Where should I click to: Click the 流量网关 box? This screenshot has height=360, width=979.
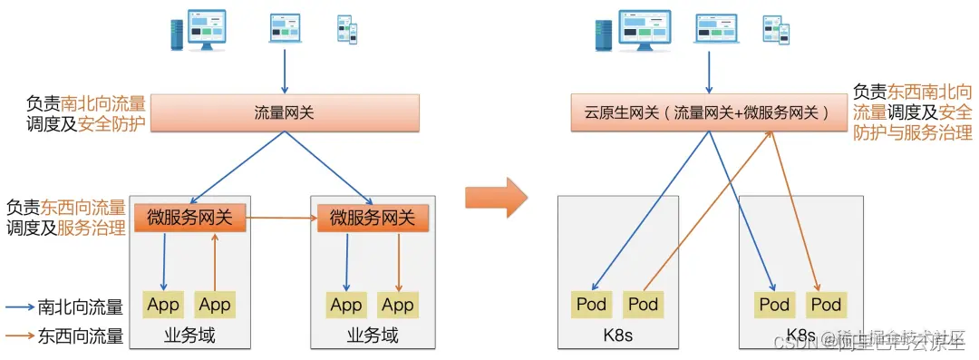285,113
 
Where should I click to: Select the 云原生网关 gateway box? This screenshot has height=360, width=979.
707,113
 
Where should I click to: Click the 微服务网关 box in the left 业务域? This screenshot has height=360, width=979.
190,218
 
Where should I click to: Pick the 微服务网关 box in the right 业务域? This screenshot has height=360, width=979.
373,218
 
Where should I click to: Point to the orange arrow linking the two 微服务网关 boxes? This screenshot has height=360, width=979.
282,219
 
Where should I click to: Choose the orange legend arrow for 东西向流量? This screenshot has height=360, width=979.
20,336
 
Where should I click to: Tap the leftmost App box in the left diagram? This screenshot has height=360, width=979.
163,305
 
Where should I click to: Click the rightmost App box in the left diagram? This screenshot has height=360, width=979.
398,305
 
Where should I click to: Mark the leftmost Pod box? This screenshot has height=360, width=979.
591,305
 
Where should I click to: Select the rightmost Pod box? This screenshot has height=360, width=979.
826,305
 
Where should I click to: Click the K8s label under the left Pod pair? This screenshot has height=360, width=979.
617,336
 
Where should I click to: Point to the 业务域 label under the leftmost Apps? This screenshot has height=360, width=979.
189,336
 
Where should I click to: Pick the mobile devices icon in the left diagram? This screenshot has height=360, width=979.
346,29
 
